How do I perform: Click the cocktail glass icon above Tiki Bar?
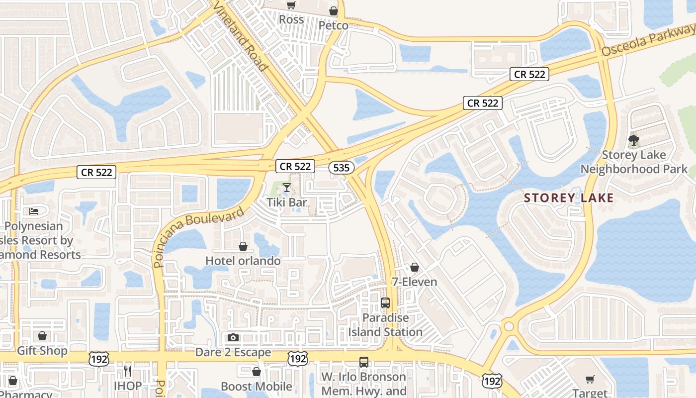pyautogui.click(x=287, y=188)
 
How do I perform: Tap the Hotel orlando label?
pyautogui.click(x=243, y=261)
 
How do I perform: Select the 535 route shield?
pyautogui.click(x=342, y=168)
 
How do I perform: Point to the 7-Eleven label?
pyautogui.click(x=415, y=282)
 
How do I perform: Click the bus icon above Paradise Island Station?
pyautogui.click(x=385, y=302)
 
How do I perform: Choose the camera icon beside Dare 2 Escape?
pyautogui.click(x=233, y=338)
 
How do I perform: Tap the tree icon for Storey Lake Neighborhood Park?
pyautogui.click(x=634, y=140)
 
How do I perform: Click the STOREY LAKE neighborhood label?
pyautogui.click(x=569, y=198)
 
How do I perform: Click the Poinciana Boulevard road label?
pyautogui.click(x=199, y=237)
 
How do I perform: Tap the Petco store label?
pyautogui.click(x=333, y=25)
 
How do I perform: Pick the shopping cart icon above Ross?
pyautogui.click(x=291, y=5)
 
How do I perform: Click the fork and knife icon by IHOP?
pyautogui.click(x=128, y=371)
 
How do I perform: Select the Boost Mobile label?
pyautogui.click(x=257, y=387)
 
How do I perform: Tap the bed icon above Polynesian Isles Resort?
pyautogui.click(x=34, y=211)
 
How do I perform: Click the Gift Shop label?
pyautogui.click(x=42, y=351)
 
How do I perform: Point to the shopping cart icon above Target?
pyautogui.click(x=590, y=380)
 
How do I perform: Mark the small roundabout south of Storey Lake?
pyautogui.click(x=509, y=327)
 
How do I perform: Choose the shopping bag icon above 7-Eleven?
pyautogui.click(x=415, y=267)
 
